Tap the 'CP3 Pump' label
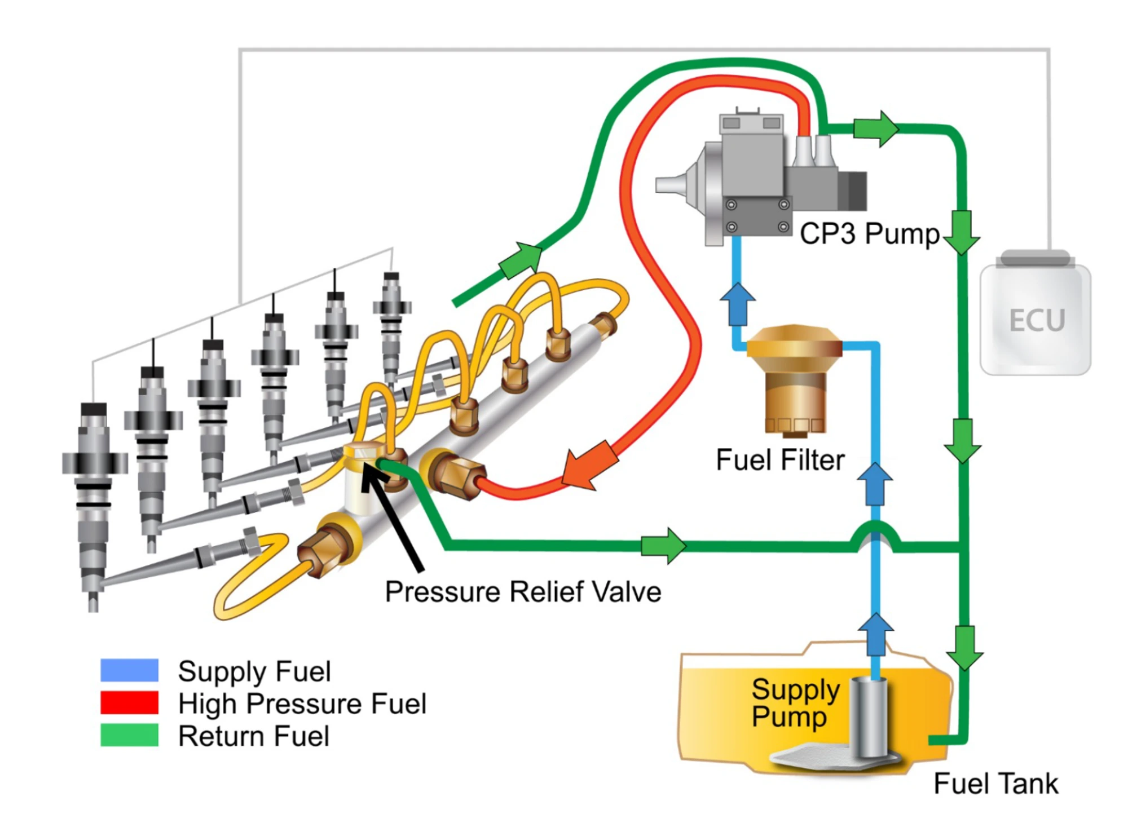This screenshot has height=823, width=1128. tap(869, 233)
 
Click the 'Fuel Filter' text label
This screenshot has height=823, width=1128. tap(779, 460)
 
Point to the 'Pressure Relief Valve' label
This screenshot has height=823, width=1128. tap(523, 592)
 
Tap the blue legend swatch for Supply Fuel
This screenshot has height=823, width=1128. tap(129, 670)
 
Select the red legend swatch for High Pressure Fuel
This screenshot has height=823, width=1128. tap(129, 702)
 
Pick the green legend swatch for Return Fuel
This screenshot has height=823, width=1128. tap(129, 735)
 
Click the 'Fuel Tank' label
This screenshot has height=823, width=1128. tap(995, 784)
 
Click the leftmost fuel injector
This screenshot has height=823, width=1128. tap(94, 496)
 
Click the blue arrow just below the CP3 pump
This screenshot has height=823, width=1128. tap(737, 304)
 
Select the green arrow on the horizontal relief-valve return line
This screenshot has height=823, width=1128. tap(663, 546)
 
